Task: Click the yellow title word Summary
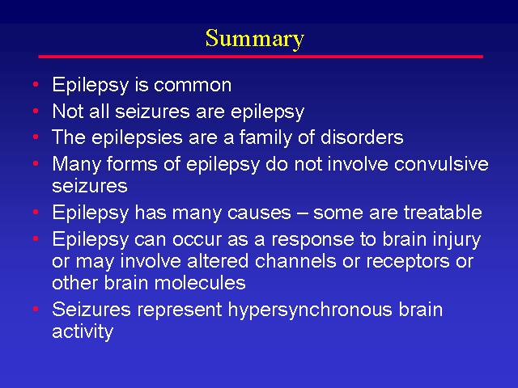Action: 254,40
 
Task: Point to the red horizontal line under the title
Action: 261,57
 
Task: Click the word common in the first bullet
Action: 193,85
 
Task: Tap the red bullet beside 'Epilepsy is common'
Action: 36,84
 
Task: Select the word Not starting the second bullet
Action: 68,112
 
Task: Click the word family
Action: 265,138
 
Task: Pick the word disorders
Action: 362,137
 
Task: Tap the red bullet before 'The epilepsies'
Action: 36,137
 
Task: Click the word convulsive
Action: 441,164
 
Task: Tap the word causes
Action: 259,213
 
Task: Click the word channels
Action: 295,261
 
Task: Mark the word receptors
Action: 408,262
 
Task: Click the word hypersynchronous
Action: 310,310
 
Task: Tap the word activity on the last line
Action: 83,331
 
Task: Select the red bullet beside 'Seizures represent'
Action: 36,309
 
